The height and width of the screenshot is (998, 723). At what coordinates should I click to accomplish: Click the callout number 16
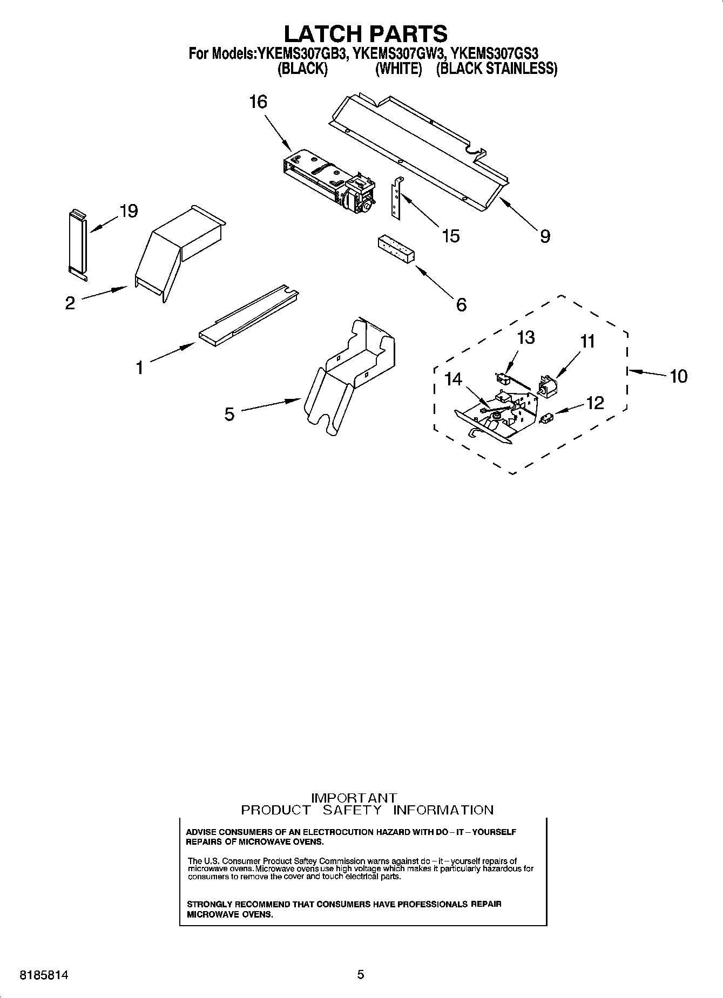[258, 101]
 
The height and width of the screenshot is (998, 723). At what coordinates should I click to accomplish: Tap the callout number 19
[129, 211]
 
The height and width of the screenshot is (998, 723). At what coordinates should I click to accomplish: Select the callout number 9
[545, 236]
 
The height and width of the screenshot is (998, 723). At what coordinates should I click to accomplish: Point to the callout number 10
[678, 376]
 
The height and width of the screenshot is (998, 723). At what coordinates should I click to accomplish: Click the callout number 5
[229, 415]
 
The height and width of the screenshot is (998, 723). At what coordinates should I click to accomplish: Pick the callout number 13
[525, 337]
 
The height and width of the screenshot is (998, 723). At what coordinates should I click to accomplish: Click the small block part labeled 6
[396, 249]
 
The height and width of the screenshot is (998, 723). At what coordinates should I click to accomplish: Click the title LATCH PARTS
[366, 33]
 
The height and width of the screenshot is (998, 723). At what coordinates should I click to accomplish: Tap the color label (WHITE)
[398, 69]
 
